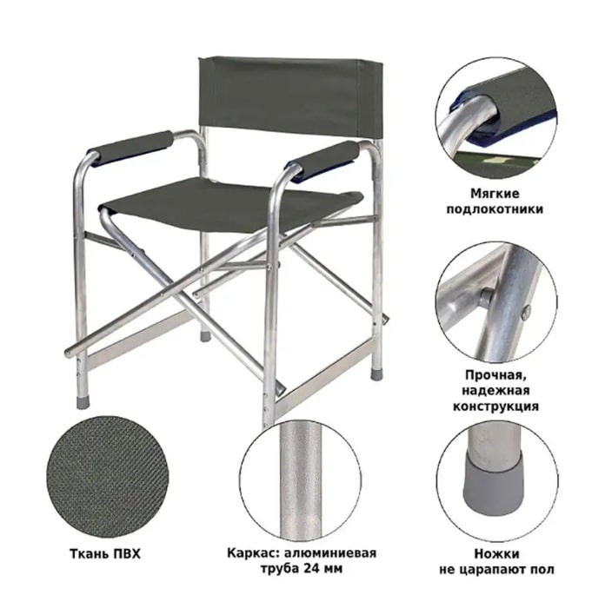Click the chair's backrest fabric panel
(x=289, y=96)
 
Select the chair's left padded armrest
(x=130, y=148)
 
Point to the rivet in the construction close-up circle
(x=487, y=297)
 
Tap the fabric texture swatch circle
(x=106, y=477)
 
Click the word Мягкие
(x=495, y=193)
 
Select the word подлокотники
(x=495, y=208)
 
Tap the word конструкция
(x=495, y=406)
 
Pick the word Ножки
(x=496, y=553)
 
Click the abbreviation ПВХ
(x=126, y=554)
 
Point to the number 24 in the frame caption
(x=312, y=568)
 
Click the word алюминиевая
(x=329, y=553)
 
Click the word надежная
(x=495, y=391)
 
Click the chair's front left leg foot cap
(x=83, y=403)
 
